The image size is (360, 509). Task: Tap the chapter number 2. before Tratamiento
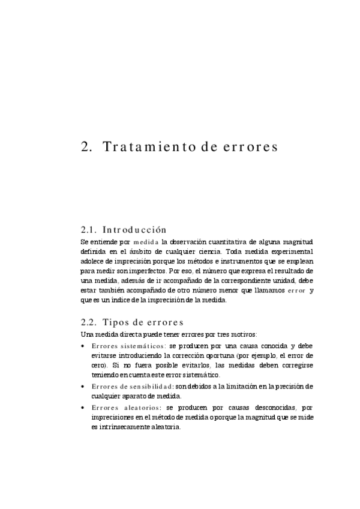coord(86,147)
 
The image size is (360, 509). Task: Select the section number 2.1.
coord(89,230)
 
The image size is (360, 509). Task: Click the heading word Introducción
coord(134,230)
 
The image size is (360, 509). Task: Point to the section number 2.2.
coord(89,322)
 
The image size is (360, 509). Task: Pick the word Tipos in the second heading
coord(116,322)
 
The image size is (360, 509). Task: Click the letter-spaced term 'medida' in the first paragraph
coord(146,241)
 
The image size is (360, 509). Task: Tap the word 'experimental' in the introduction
coord(291,251)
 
